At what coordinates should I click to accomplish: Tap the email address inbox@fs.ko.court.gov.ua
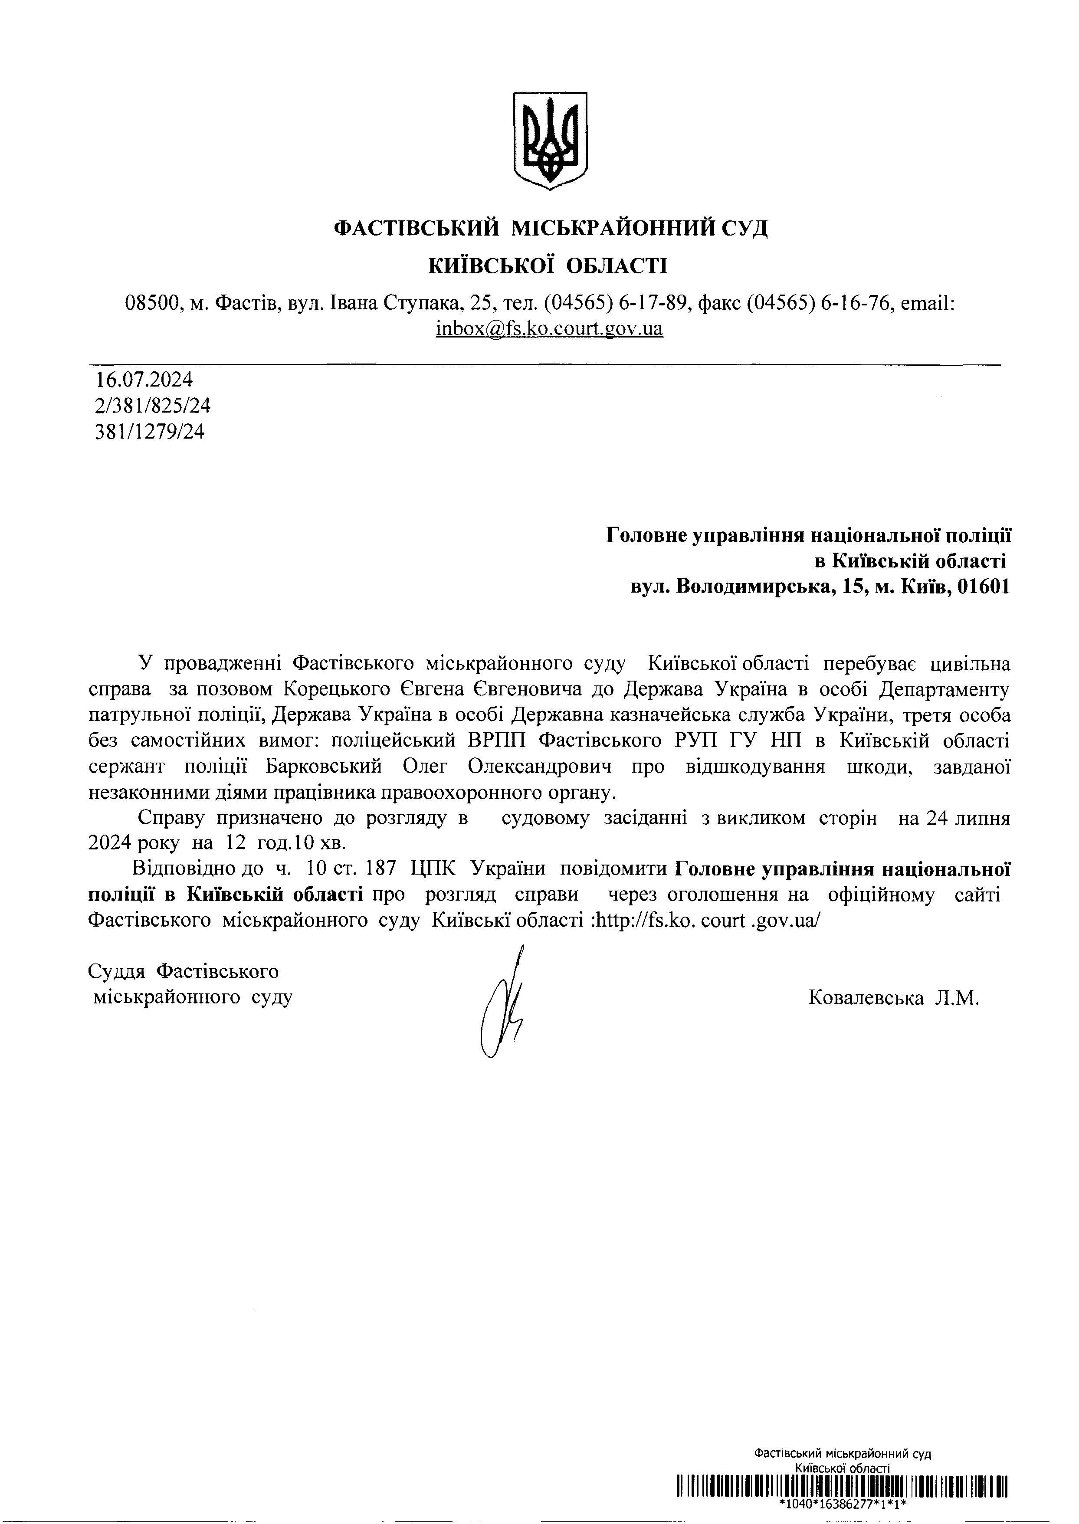pyautogui.click(x=549, y=329)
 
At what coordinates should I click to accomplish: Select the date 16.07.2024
pyautogui.click(x=144, y=380)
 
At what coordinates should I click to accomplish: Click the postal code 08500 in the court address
pyautogui.click(x=152, y=304)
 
